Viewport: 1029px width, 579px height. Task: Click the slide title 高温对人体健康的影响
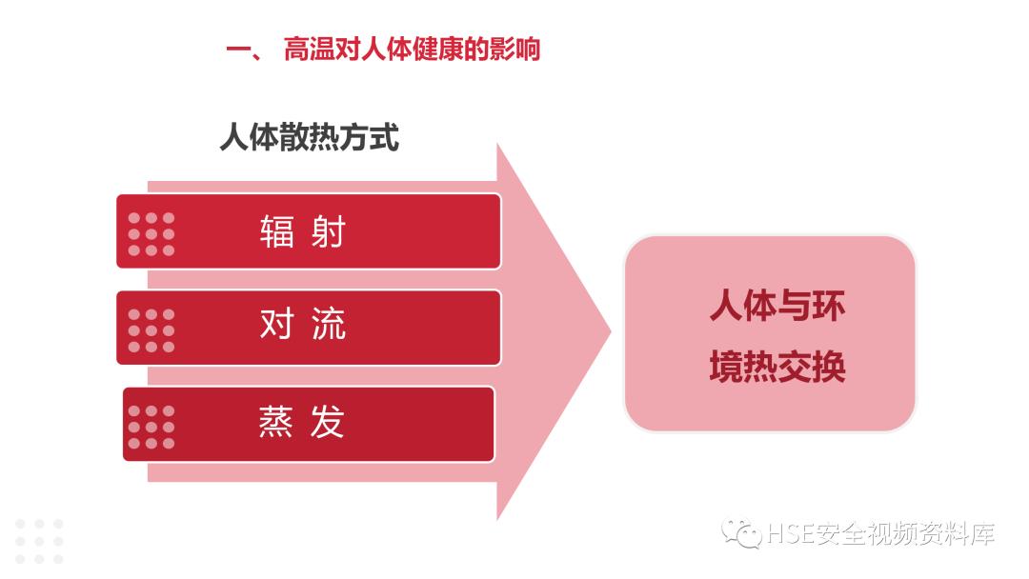[x=412, y=49]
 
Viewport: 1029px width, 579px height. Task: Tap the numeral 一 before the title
[x=238, y=50]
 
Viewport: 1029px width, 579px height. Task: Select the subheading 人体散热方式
[x=309, y=137]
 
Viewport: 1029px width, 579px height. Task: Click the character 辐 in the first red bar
[x=277, y=231]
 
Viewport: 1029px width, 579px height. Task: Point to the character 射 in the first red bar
[x=327, y=231]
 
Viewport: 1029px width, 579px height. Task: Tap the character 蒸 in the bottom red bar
[x=276, y=423]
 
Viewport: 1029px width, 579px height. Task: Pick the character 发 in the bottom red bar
[x=327, y=423]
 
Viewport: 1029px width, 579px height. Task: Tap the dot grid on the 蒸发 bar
[x=151, y=427]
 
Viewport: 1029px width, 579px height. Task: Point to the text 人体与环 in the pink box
[x=777, y=308]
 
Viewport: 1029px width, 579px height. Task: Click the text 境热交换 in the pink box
[x=777, y=367]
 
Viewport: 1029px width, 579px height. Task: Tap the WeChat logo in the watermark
[x=741, y=533]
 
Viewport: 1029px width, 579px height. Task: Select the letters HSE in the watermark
[x=790, y=534]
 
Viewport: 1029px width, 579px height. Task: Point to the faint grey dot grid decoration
[x=39, y=540]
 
